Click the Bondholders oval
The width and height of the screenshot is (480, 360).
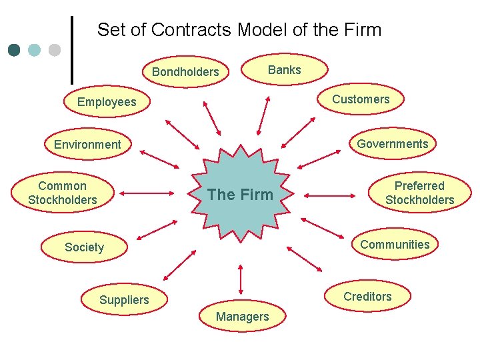click(x=185, y=72)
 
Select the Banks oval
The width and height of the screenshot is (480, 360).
click(x=284, y=70)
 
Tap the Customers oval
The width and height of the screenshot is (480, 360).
click(x=361, y=99)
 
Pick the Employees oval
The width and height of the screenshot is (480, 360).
click(x=107, y=102)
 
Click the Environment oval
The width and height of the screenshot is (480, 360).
click(x=87, y=145)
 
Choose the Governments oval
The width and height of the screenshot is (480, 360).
click(x=392, y=144)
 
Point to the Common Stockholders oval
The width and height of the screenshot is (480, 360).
click(x=63, y=193)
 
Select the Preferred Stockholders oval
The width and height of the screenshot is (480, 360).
click(x=419, y=193)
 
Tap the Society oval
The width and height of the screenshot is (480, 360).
click(x=85, y=247)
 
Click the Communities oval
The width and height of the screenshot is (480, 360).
click(x=395, y=245)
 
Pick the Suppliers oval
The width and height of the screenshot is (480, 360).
click(x=124, y=300)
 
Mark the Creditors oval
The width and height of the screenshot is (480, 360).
click(x=367, y=297)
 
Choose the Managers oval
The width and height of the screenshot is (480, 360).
click(x=242, y=317)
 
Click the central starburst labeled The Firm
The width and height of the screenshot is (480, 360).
click(x=240, y=193)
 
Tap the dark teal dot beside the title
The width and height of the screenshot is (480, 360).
click(x=15, y=50)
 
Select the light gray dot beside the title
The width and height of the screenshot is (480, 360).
click(x=55, y=50)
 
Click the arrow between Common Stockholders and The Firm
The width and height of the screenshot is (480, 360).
click(x=147, y=195)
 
